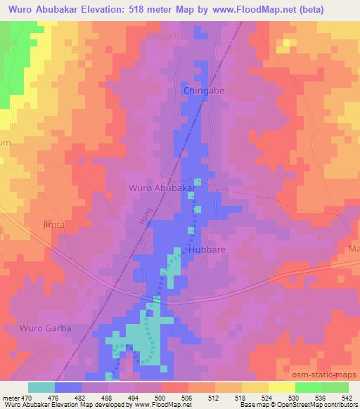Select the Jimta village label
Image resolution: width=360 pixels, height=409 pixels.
[53, 225]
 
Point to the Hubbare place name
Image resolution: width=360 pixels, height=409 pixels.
[205, 249]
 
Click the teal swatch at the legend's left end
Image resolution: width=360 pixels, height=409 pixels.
[41, 387]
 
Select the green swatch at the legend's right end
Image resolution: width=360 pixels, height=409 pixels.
[335, 387]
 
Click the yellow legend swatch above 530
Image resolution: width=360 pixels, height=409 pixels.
[281, 387]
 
